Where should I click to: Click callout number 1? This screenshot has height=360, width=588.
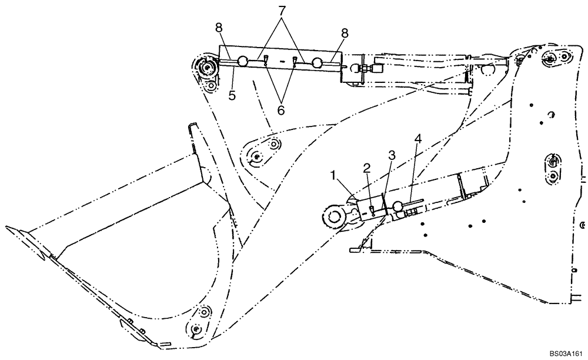(333, 175)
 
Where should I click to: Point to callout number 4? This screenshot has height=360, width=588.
(419, 139)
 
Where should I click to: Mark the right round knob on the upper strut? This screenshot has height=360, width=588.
(318, 62)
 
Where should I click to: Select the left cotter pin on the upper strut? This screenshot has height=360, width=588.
(266, 59)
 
